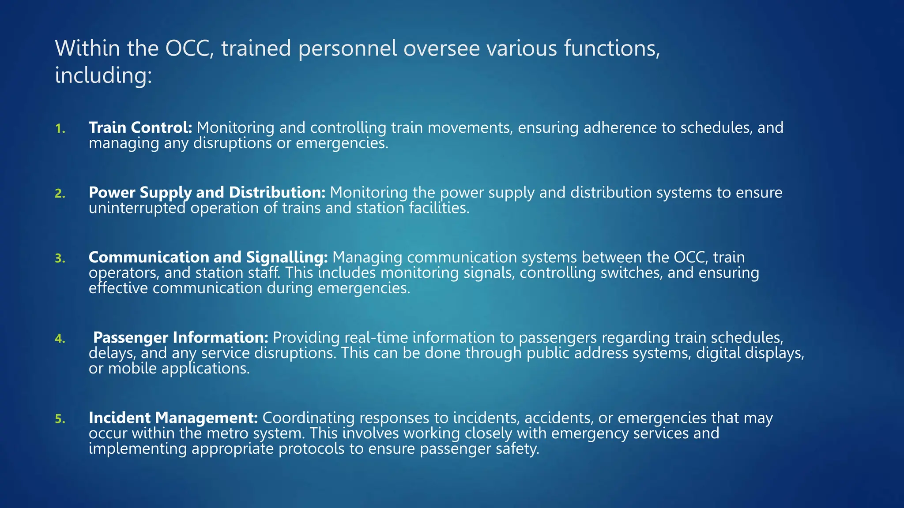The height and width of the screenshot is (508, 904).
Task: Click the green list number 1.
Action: pos(60,129)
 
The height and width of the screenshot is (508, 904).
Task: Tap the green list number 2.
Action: pos(60,194)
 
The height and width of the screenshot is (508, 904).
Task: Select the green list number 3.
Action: pos(60,258)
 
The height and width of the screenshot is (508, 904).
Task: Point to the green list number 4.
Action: pos(60,339)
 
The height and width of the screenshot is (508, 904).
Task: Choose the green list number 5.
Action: pos(60,419)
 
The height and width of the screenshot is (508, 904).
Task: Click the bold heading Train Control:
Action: pos(140,127)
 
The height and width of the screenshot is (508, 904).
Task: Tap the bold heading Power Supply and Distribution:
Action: pos(207,193)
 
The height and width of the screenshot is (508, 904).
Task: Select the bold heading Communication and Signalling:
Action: pos(208,257)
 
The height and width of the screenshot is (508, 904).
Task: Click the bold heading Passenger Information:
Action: pos(181,337)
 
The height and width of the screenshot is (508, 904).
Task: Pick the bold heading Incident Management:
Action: pos(173,418)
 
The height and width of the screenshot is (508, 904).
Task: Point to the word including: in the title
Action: pos(103,75)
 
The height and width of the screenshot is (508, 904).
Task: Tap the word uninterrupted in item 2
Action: pos(137,208)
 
